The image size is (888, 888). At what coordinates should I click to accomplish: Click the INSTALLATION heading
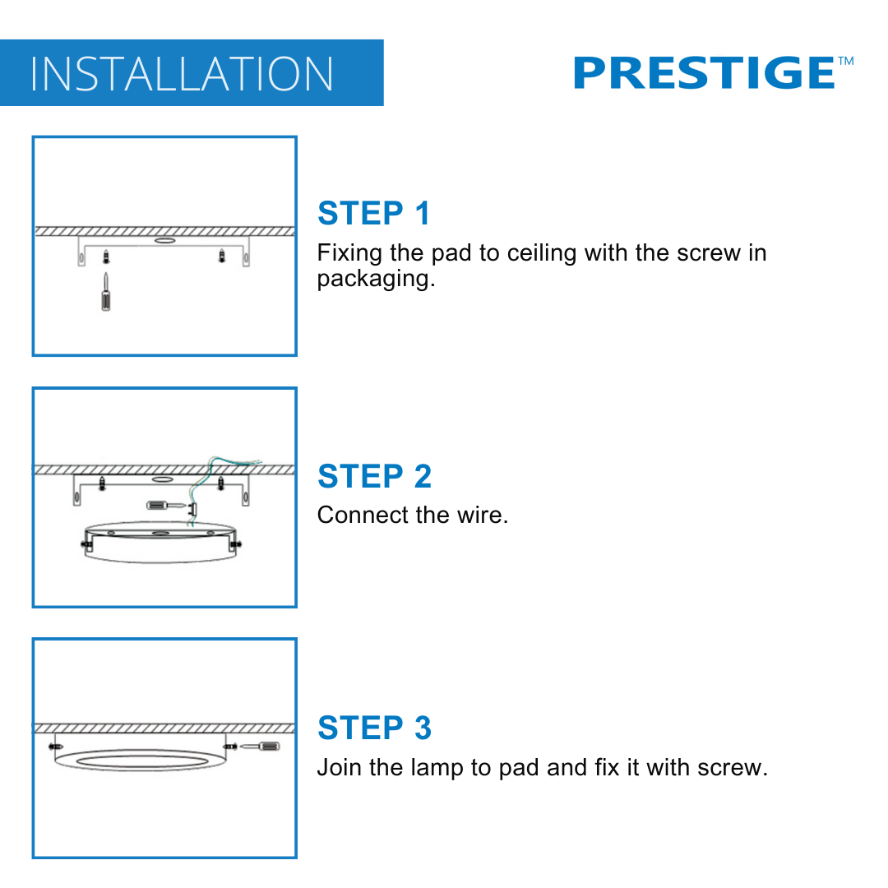183,74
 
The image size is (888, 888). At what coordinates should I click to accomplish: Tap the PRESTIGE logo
704,73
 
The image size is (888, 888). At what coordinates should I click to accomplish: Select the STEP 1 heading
374,213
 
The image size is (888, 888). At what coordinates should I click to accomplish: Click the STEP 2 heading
374,476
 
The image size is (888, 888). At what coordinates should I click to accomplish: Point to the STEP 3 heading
374,728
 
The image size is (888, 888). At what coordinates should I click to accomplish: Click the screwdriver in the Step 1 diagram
105,293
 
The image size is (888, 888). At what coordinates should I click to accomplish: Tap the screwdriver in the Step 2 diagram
160,505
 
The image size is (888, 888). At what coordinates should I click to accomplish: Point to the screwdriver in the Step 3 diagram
261,747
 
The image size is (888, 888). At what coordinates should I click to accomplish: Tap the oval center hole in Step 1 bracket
163,241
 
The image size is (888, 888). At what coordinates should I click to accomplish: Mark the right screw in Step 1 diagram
222,257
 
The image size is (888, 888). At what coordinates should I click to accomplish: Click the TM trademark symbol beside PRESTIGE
845,61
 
